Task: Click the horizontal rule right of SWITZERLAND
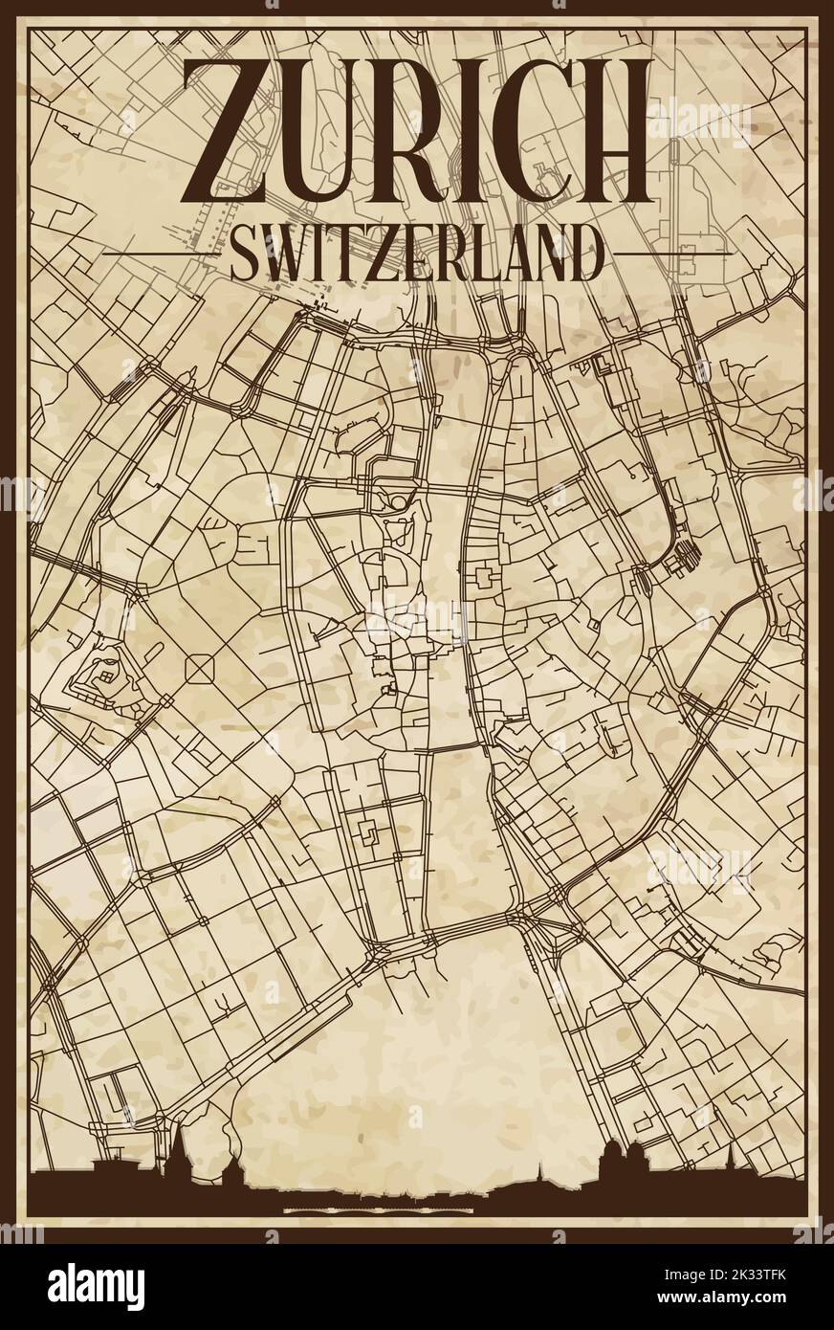(x=669, y=252)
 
